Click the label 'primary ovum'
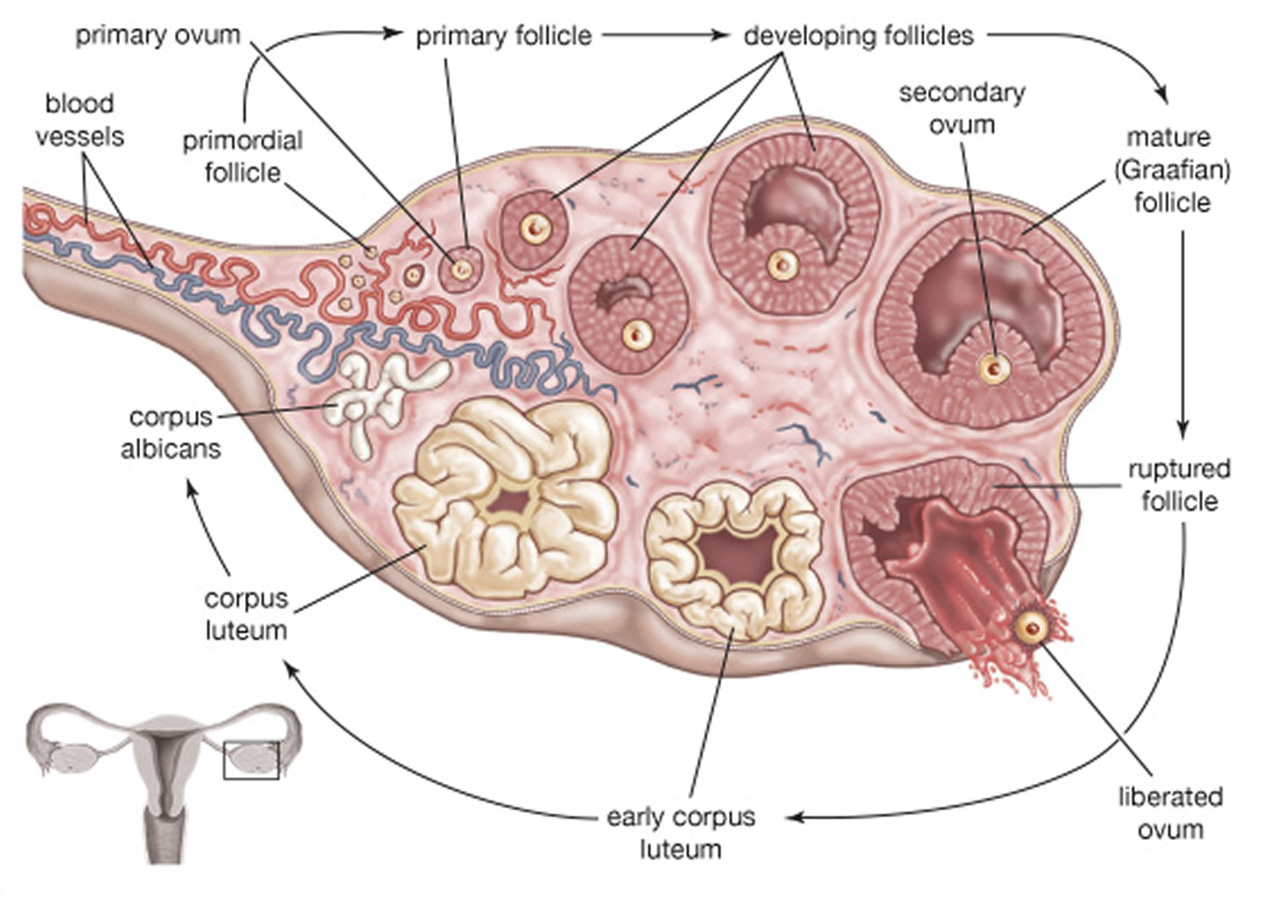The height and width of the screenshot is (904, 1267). tap(158, 35)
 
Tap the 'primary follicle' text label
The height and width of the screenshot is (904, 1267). tap(503, 36)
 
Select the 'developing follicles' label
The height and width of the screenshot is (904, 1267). tap(858, 35)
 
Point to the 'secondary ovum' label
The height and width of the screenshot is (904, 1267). tap(961, 108)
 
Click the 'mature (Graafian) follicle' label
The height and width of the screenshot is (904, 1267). tap(1172, 170)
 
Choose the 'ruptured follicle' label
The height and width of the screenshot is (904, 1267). tap(1179, 485)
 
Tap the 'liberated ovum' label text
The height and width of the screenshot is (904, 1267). tap(1170, 813)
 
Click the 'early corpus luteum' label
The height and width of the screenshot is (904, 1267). tap(681, 833)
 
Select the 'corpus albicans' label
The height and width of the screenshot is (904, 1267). tap(171, 433)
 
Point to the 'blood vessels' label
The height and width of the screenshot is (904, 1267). tap(79, 120)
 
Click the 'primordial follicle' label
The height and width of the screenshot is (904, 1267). tap(242, 156)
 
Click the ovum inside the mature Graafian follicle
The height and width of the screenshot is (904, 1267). tap(994, 368)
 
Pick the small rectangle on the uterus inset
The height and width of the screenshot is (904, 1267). tap(251, 760)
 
